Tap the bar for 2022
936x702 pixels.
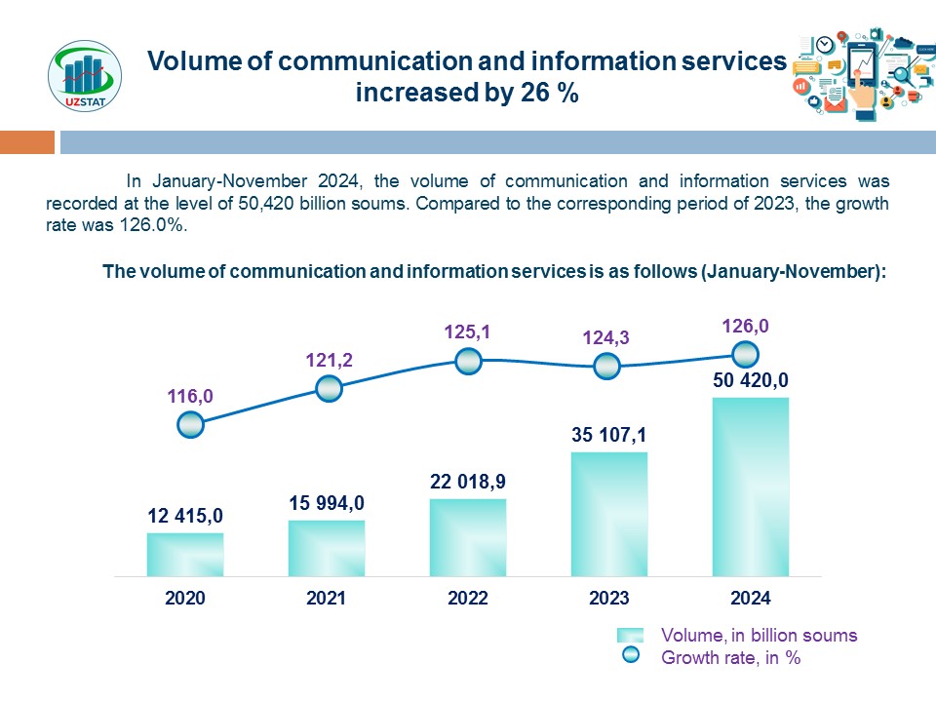468,537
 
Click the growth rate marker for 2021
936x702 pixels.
330,388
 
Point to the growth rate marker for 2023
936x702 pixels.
606,367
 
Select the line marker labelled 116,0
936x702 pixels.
190,424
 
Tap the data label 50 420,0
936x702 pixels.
750,379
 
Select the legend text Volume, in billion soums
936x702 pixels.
760,636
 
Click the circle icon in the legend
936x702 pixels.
631,656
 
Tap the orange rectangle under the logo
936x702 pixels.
26,142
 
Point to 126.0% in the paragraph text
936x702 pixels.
154,224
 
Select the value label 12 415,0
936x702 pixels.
185,516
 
